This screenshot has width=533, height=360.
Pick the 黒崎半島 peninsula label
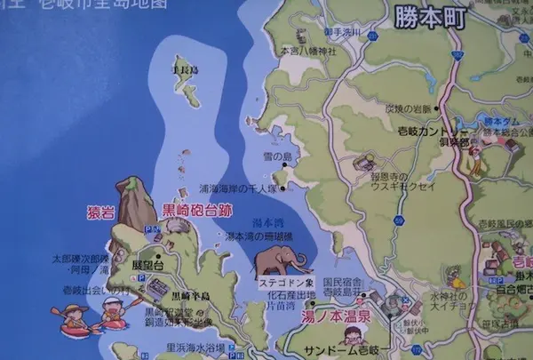192,295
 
